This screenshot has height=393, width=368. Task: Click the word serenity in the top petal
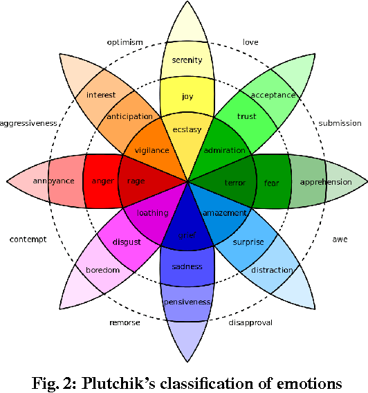point(187,61)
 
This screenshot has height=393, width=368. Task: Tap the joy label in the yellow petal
point(187,96)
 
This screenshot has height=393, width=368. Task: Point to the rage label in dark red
point(136,181)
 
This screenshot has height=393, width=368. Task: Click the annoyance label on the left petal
point(53,181)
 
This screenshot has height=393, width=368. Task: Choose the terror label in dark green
point(234,183)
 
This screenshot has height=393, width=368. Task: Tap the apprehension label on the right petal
point(325,183)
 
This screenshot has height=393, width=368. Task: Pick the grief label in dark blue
point(187,235)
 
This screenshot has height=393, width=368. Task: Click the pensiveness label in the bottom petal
point(187,302)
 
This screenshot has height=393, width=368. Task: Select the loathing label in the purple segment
point(152,213)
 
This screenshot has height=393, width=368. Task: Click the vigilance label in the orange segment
point(151,150)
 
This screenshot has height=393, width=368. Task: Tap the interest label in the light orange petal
point(101,94)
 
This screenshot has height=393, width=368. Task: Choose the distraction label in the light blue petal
point(272,270)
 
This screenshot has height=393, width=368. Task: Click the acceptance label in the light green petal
point(273,95)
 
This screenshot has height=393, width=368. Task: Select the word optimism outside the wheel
point(125,42)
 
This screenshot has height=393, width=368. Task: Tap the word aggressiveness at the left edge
point(28,123)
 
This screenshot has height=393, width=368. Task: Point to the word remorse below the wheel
point(125,322)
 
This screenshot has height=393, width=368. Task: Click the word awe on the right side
point(340,239)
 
